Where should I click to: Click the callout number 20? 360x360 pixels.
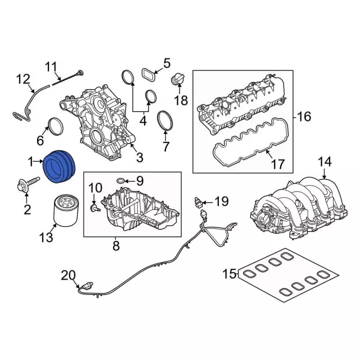tap(67, 275)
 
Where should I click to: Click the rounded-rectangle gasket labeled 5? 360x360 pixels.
tap(148, 74)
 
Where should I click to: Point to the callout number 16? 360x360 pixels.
tap(304, 117)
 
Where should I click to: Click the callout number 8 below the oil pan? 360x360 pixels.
tap(116, 245)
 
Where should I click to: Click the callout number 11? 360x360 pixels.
tap(52, 69)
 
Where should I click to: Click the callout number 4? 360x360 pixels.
tap(142, 120)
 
